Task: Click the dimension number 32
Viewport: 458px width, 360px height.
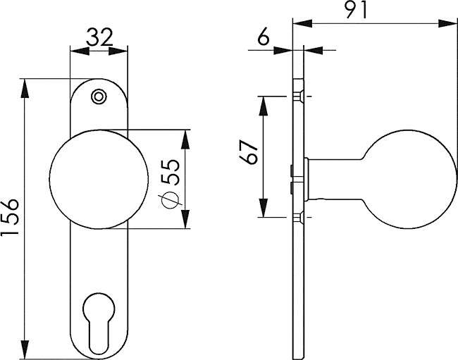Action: tap(99, 38)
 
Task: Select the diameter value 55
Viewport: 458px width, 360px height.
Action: tap(171, 173)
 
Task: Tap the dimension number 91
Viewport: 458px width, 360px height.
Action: tap(356, 10)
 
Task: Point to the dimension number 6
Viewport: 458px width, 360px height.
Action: tap(264, 37)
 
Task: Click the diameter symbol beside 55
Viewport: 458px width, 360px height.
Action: tap(171, 200)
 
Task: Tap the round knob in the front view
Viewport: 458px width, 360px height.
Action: tap(99, 179)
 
